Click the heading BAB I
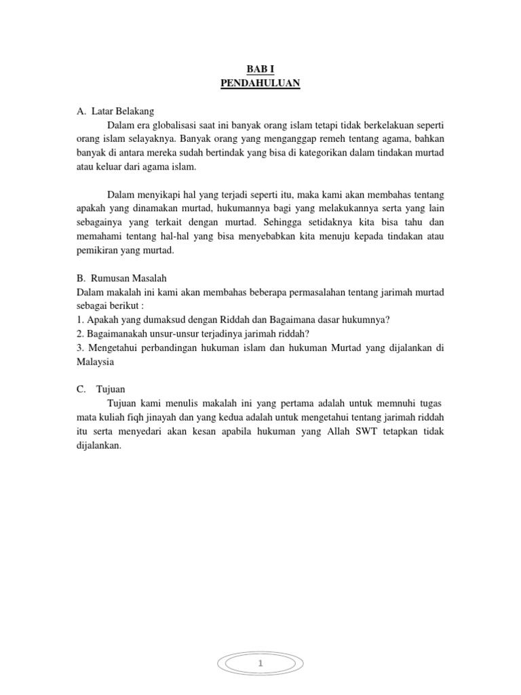coord(260,69)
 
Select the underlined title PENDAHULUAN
coord(260,83)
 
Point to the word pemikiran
coord(99,250)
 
